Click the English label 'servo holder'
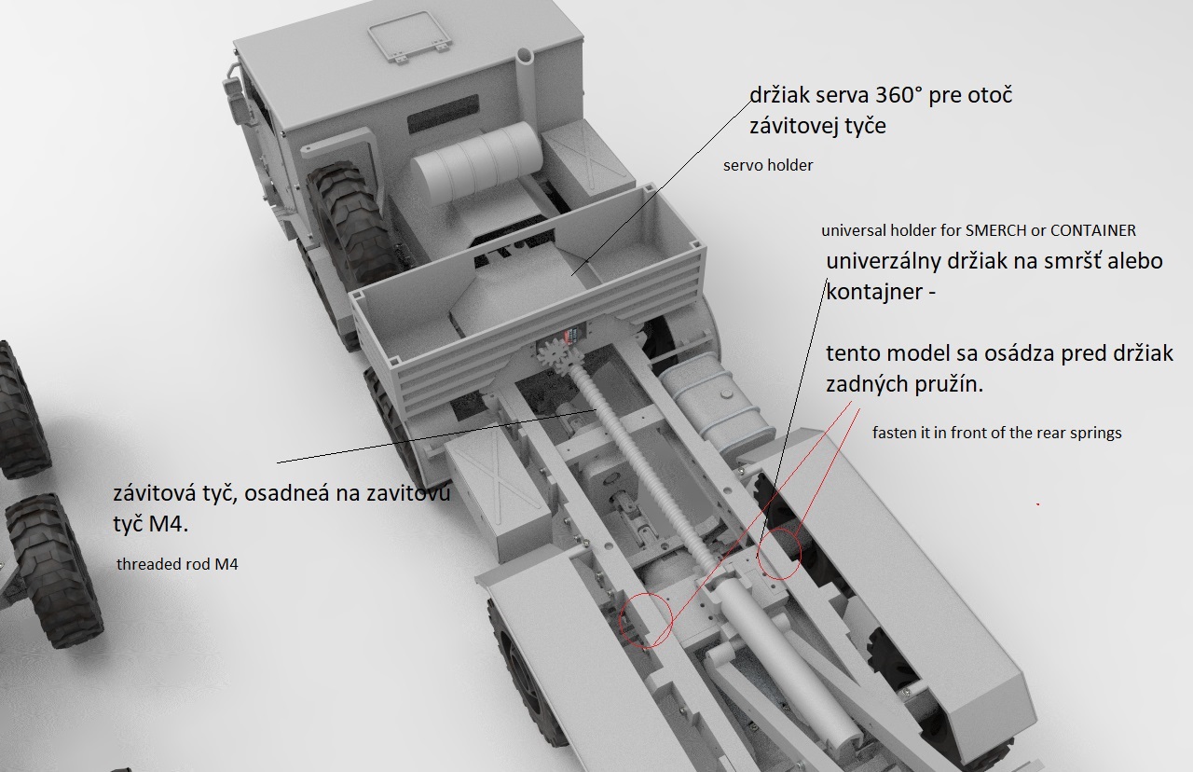tap(768, 166)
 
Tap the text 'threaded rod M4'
tap(177, 564)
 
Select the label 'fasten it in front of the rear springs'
tap(997, 433)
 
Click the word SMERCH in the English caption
tap(996, 230)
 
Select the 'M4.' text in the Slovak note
tap(169, 524)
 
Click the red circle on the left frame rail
tap(646, 620)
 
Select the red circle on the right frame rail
tap(778, 554)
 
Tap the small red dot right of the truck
tap(1038, 503)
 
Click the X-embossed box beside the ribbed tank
tap(583, 153)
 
